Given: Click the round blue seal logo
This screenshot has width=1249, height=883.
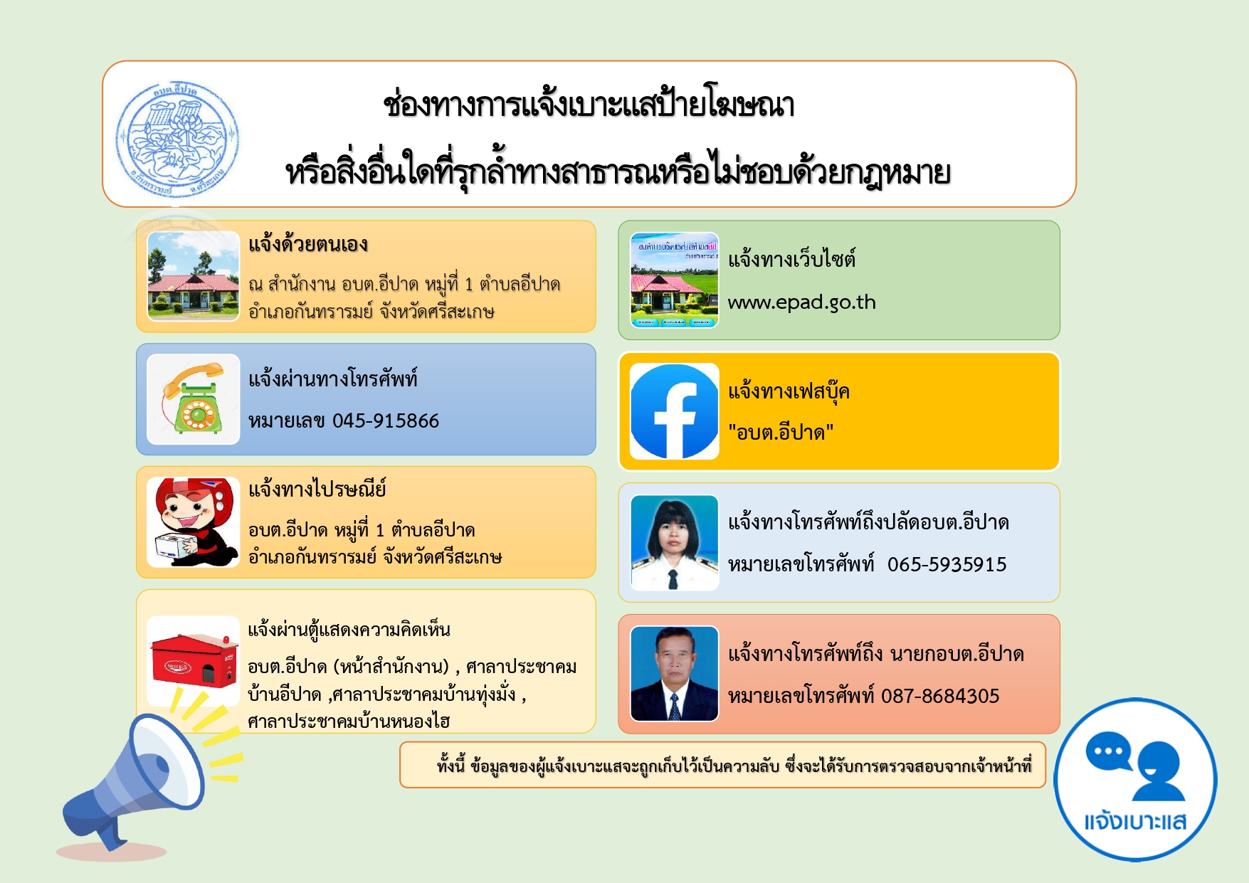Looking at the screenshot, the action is point(177,139).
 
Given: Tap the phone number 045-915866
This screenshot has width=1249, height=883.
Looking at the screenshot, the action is point(386,421).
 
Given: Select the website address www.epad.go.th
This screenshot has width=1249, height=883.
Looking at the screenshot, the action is point(801,302).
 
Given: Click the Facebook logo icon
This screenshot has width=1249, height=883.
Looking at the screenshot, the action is point(674,411).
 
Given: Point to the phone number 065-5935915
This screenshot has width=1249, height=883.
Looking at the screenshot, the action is point(947,564).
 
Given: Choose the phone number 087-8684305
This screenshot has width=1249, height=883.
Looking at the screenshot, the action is point(940,696).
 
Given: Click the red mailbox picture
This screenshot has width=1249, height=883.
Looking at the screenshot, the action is point(194,660).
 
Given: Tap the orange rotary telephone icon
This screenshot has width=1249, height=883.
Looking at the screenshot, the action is point(193,399).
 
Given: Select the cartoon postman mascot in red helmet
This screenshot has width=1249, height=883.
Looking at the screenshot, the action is point(193,522).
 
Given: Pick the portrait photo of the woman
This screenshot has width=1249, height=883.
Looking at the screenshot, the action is point(674,543).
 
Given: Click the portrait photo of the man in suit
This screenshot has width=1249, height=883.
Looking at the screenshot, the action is point(674,674).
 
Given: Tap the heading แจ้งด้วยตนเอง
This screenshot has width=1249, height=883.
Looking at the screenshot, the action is point(307,245).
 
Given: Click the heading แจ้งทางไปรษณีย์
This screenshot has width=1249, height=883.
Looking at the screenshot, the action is point(317,490).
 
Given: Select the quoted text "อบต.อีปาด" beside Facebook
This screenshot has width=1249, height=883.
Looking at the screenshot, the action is point(781,432).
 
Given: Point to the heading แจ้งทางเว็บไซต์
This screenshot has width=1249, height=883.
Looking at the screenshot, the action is point(791,258).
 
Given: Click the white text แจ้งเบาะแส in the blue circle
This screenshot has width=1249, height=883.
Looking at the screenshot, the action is point(1135,822).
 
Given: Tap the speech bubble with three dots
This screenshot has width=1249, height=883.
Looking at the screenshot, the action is point(1109,751).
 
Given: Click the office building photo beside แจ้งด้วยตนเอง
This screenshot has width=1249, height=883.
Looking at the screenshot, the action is point(193,276).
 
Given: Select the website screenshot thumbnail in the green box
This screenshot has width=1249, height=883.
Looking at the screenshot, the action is point(674,280).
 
